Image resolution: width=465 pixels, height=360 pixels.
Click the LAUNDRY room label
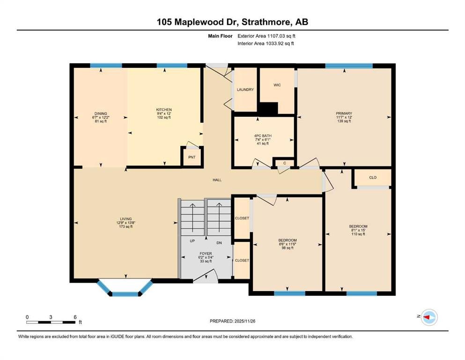tap(245, 90)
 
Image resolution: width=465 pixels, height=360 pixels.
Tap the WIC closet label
tap(277, 85)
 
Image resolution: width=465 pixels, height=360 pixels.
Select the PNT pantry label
tap(192, 157)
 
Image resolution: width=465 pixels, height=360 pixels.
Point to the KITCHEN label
tap(164, 110)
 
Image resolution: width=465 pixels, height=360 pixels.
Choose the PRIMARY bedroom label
tap(344, 113)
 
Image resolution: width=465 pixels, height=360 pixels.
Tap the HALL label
tap(217, 180)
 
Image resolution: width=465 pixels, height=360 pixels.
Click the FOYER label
tap(206, 254)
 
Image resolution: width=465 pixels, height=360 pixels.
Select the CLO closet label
tap(373, 178)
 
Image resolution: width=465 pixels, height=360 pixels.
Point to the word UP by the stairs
tap(192, 241)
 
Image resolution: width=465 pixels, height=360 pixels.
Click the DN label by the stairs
tap(219, 243)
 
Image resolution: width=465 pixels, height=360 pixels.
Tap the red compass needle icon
tap(427, 317)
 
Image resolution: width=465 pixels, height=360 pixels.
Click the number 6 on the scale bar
tap(75, 317)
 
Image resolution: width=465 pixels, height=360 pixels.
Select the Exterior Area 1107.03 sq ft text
tap(266, 36)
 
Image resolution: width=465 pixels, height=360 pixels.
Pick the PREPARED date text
tap(232, 321)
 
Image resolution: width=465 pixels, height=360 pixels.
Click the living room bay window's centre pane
tap(125, 294)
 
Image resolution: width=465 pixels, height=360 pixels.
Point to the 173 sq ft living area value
tap(126, 227)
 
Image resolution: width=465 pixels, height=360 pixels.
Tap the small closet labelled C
tap(285, 163)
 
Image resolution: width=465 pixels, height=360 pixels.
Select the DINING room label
tap(101, 113)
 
